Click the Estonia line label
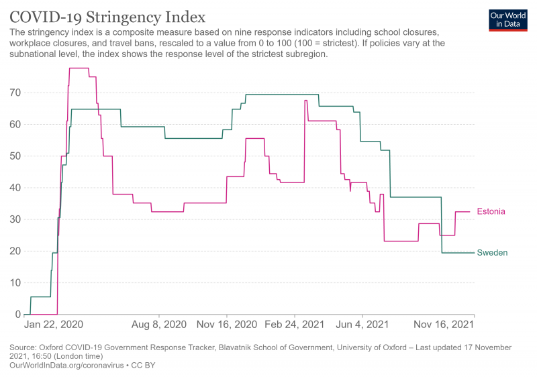click(491, 211)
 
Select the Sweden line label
click(492, 253)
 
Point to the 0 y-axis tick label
click(18, 315)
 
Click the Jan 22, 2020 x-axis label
click(53, 325)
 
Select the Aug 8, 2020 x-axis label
click(158, 325)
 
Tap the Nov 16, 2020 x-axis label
click(227, 325)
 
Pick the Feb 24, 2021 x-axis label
click(295, 325)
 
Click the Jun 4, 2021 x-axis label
click(362, 325)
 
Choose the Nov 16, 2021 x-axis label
click(444, 325)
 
